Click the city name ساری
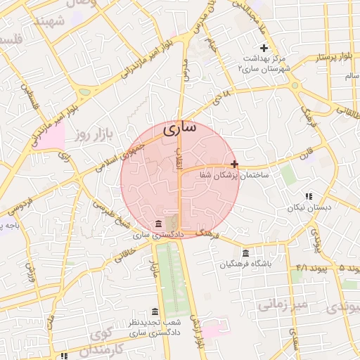(180, 129)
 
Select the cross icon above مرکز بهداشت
(264, 48)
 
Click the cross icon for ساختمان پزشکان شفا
(234, 163)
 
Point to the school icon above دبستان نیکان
(307, 197)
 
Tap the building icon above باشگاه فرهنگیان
(245, 253)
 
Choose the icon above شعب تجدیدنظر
(155, 311)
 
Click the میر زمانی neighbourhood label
(281, 304)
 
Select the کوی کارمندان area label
(105, 340)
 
